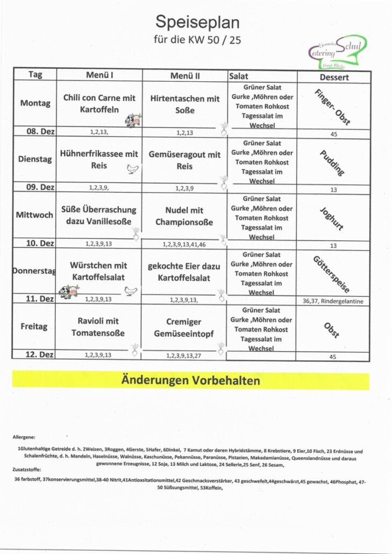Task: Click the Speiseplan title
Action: click(x=197, y=22)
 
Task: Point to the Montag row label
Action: click(x=35, y=103)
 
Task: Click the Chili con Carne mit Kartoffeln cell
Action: click(x=99, y=104)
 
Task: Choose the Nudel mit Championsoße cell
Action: click(x=184, y=216)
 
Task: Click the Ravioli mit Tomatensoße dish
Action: click(x=98, y=327)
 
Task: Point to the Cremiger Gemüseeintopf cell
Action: click(x=184, y=328)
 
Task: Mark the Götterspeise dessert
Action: click(x=332, y=274)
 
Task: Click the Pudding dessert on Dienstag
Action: click(x=332, y=162)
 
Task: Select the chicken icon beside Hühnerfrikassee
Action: click(x=132, y=169)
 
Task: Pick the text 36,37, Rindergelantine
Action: click(x=333, y=301)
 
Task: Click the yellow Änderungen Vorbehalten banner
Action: click(x=191, y=381)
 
